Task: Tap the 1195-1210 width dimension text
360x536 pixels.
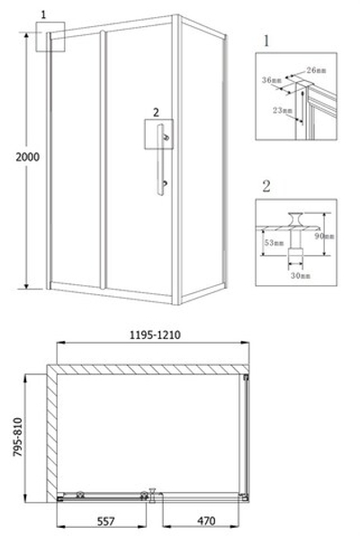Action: (154, 332)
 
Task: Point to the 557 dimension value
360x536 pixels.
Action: (107, 519)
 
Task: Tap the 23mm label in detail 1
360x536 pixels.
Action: (285, 111)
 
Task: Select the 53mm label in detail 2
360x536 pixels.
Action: (271, 243)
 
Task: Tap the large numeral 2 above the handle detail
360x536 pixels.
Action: (266, 186)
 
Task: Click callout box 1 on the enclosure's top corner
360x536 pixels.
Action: (47, 38)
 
